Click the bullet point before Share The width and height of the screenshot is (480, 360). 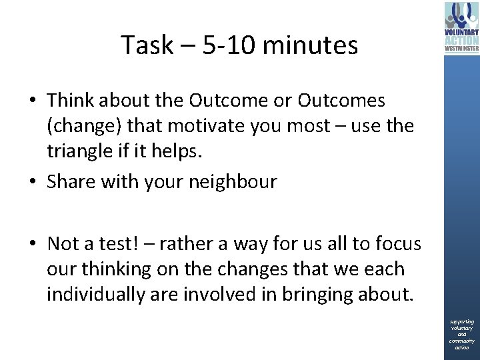(x=33, y=181)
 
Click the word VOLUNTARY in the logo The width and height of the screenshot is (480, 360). (x=461, y=32)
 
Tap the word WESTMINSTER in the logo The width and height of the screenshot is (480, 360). (x=461, y=48)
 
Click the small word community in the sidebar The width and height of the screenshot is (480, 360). (x=462, y=341)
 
